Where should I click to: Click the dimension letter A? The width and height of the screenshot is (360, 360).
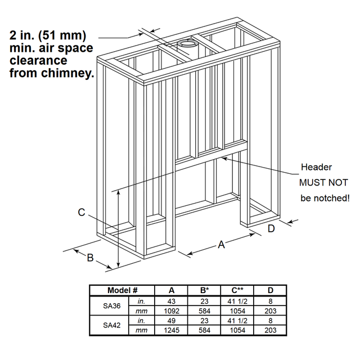click(221, 245)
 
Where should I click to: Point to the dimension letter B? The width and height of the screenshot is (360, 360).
click(90, 258)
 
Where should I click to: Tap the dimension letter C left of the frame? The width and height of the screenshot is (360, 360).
click(82, 213)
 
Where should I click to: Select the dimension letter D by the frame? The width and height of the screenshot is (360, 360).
click(271, 228)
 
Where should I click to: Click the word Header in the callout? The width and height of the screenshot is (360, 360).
click(316, 167)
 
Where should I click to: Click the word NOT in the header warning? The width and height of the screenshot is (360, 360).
click(338, 183)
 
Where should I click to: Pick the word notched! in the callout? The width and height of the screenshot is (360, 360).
click(333, 198)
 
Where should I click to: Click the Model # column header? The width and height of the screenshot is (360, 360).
click(123, 290)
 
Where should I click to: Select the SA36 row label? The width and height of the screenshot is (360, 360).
click(111, 306)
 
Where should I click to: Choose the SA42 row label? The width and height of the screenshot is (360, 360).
click(111, 325)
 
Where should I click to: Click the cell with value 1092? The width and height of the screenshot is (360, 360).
click(172, 311)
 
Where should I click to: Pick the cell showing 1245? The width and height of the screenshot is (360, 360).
click(172, 330)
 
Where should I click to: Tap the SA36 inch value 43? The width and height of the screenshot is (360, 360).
click(172, 301)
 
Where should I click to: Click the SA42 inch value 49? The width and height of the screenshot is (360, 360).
click(172, 321)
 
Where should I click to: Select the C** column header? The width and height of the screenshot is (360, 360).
click(237, 290)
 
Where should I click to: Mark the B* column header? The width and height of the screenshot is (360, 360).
click(204, 290)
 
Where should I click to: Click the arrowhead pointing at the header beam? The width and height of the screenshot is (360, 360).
click(224, 159)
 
